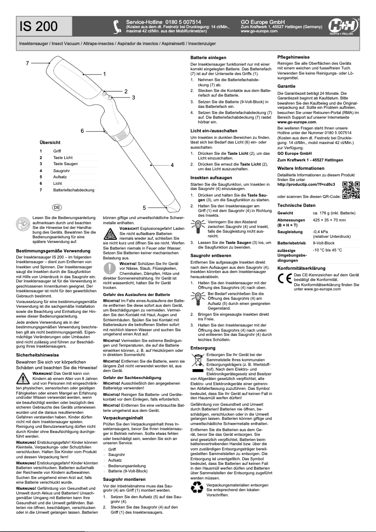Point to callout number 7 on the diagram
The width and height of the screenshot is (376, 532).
click(x=28, y=63)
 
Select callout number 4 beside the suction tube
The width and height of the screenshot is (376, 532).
click(x=172, y=165)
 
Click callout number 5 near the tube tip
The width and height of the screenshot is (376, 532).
click(x=144, y=207)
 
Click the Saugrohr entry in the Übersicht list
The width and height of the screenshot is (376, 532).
click(x=62, y=171)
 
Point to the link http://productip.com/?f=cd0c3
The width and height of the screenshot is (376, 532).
click(x=306, y=184)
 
